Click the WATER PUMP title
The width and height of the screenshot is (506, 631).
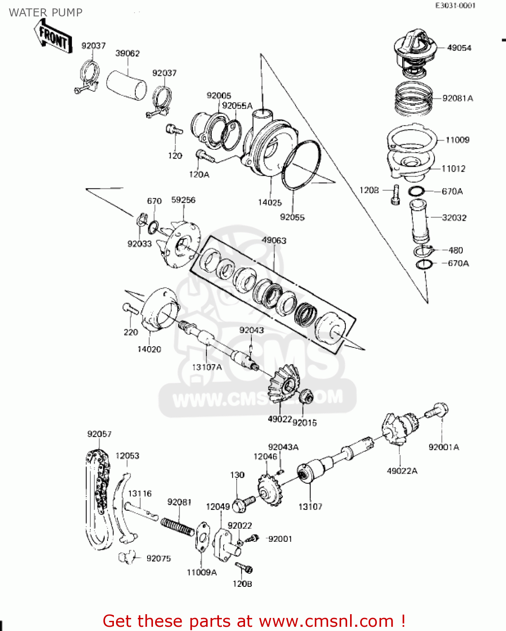[45, 13]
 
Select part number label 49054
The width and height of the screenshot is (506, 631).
[459, 48]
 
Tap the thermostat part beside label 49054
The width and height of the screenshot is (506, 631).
[414, 53]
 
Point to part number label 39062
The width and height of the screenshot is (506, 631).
[127, 53]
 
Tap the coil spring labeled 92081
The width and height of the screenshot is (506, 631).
[177, 526]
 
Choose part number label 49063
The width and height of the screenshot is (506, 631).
[274, 241]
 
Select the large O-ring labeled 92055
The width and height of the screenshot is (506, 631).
[300, 166]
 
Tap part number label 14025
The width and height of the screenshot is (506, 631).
[270, 203]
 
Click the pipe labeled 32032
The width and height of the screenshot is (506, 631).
[420, 221]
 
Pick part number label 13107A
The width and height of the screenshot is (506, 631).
[207, 367]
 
